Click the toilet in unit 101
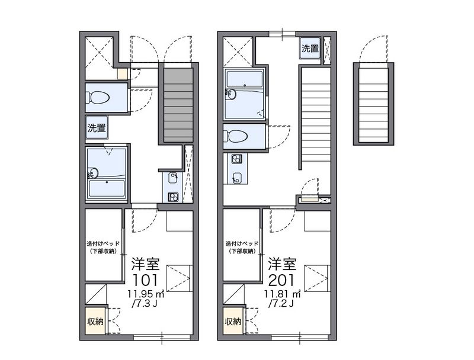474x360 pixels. pos(98,98)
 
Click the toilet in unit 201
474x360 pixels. pos(236,137)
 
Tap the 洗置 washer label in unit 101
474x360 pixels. pos(97,128)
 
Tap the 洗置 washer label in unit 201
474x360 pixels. pos(310,49)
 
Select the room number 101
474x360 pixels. pos(145,280)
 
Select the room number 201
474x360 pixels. pos(281,280)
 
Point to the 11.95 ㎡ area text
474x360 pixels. pos(146,294)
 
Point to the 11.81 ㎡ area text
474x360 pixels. pos(283,294)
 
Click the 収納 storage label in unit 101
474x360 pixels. pos(95,322)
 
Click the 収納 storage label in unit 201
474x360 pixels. pos(233,322)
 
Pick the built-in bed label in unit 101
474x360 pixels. pos(103,247)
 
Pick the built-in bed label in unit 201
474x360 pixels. pos(242,247)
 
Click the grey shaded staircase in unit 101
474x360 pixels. pos(178,105)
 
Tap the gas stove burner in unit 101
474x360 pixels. pos(173,197)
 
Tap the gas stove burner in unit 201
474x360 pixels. pos(236,159)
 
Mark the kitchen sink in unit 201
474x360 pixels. pos(236,178)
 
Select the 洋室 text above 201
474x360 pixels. pos(283,264)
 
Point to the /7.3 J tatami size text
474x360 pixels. pos(145,303)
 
